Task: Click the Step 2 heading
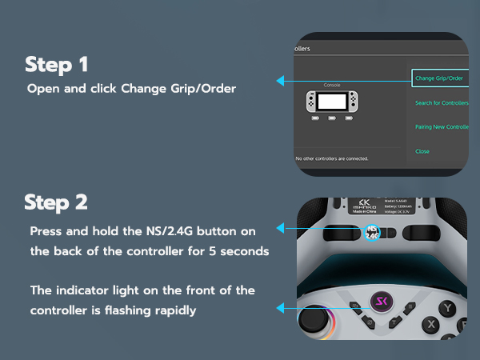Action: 56,202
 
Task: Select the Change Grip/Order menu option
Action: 440,78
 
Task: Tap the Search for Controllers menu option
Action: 442,103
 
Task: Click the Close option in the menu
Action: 422,151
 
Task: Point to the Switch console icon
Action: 332,102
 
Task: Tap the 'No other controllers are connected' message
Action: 331,158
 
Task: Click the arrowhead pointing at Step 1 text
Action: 280,81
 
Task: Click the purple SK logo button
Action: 379,305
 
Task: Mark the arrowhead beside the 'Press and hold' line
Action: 280,229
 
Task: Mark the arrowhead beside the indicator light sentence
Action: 280,307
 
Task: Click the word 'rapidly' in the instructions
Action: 174,310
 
